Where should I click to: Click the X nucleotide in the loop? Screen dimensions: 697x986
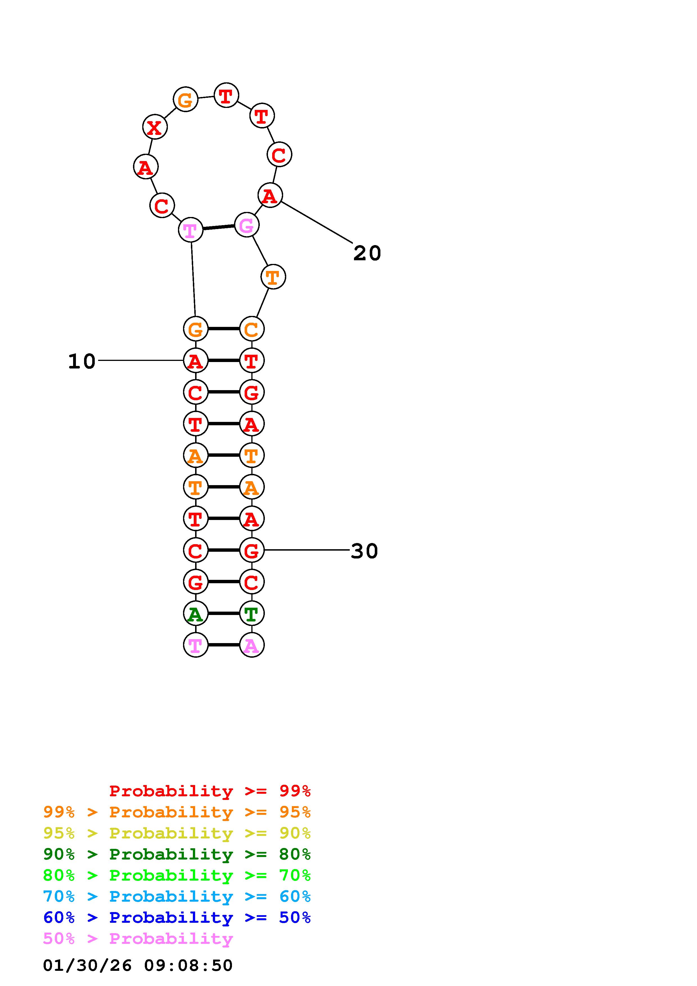(x=155, y=127)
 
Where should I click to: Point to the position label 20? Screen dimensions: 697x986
(x=367, y=253)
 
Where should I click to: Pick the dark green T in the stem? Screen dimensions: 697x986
(x=252, y=613)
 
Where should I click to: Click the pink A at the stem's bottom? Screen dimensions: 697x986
(x=252, y=645)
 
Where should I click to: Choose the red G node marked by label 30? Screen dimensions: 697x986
(x=252, y=550)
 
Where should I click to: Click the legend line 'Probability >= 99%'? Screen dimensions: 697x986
(x=210, y=791)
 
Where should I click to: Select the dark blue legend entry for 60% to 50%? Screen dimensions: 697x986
(x=177, y=917)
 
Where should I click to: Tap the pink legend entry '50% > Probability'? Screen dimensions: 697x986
(x=138, y=938)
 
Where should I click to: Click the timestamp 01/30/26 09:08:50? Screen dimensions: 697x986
(x=138, y=965)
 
